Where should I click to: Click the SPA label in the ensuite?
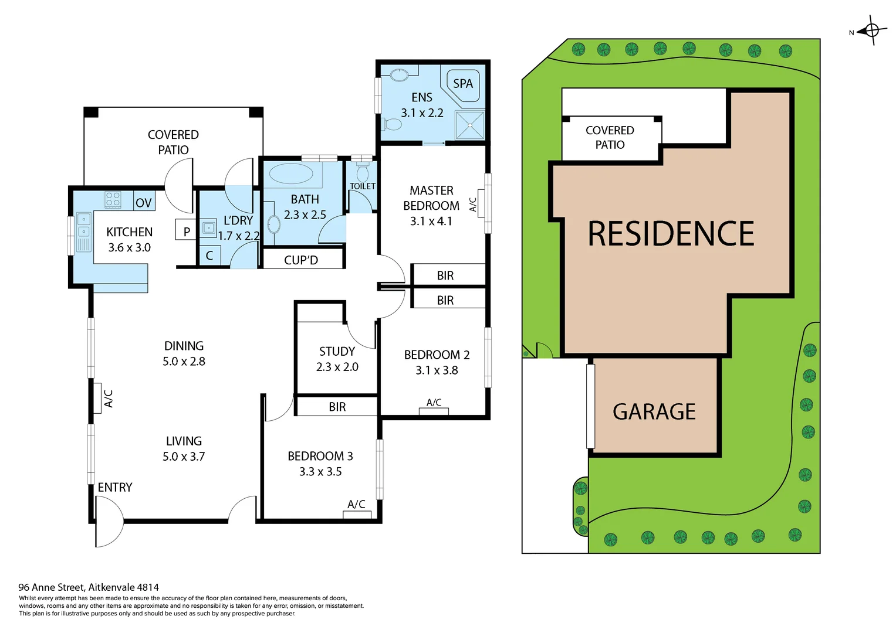463,84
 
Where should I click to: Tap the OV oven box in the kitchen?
144,202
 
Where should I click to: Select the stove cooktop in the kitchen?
113,199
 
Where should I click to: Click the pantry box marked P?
186,232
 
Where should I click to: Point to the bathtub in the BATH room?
291,174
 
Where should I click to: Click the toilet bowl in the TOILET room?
362,173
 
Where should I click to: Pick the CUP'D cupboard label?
301,260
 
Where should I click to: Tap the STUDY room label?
337,351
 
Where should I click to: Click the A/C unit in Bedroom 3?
357,515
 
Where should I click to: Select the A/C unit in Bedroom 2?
434,411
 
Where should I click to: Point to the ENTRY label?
115,487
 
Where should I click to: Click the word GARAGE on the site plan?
654,412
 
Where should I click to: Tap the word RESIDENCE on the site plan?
671,234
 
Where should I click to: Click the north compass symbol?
871,30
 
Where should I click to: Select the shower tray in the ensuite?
470,125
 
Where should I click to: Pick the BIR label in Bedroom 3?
337,407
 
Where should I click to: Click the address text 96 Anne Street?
89,587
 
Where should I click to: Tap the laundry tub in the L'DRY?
209,227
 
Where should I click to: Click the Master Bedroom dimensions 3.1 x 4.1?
431,221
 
